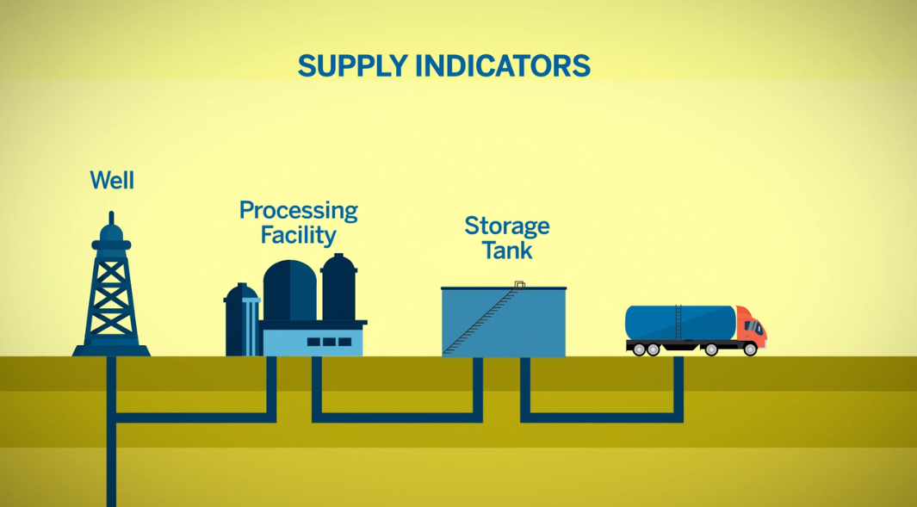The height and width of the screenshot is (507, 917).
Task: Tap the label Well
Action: (x=112, y=181)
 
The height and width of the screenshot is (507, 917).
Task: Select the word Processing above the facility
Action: (x=298, y=211)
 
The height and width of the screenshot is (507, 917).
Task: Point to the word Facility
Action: (x=298, y=234)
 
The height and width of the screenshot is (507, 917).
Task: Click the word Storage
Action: (x=506, y=226)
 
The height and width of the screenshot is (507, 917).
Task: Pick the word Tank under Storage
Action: (x=507, y=250)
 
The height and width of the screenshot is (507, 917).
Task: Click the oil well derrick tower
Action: (x=111, y=293)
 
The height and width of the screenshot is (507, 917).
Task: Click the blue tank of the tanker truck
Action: (x=680, y=323)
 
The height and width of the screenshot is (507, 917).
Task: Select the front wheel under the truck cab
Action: (x=750, y=349)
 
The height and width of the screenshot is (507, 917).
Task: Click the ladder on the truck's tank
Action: (x=678, y=323)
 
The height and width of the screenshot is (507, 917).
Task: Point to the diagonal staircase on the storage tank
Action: (x=482, y=323)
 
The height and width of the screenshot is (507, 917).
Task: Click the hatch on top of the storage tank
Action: (x=519, y=284)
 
